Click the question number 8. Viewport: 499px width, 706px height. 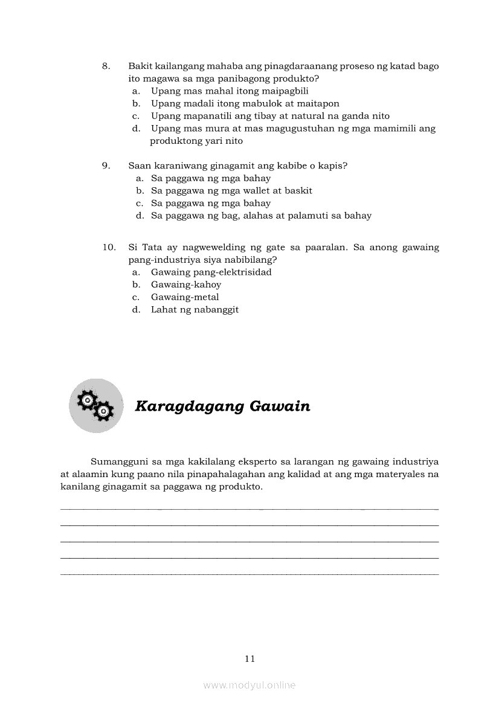tap(105, 66)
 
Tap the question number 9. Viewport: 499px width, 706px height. tap(105, 165)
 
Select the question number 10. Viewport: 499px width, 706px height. tap(109, 247)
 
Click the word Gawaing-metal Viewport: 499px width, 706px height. tap(185, 297)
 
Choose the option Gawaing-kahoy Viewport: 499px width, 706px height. tap(186, 284)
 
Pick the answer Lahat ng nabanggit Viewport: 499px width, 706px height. tap(195, 310)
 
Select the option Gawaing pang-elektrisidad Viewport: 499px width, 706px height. tap(211, 272)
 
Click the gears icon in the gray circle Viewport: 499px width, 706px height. tap(96, 405)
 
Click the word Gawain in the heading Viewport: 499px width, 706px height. tap(277, 406)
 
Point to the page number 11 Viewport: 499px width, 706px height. tap(249, 659)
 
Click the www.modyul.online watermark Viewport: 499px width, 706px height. tap(249, 685)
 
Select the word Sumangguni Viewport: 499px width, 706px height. tap(120, 461)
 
